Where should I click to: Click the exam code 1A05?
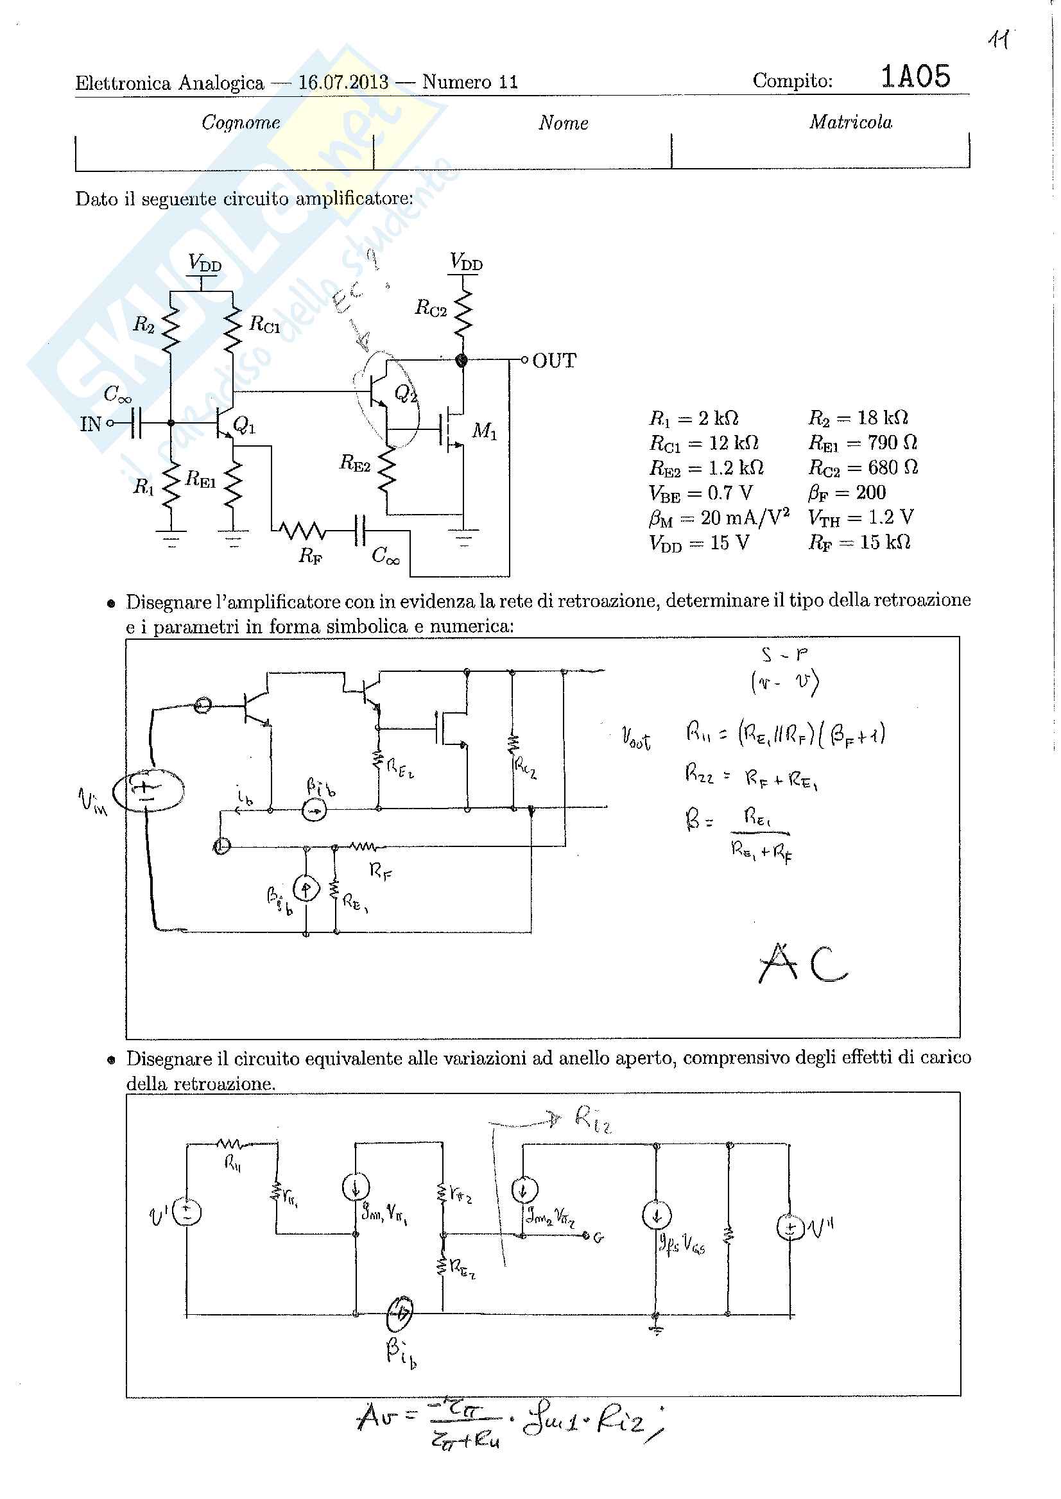click(x=915, y=77)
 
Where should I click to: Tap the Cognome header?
click(x=241, y=123)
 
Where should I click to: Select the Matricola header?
click(x=850, y=122)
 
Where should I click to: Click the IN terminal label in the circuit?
click(x=91, y=425)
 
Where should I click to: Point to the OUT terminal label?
click(x=554, y=361)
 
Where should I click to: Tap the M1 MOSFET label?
click(x=484, y=431)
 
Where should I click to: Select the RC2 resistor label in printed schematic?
click(x=431, y=307)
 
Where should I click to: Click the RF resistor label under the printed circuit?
click(x=310, y=556)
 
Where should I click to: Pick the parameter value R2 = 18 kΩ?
click(x=858, y=418)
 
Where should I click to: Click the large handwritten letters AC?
click(x=803, y=963)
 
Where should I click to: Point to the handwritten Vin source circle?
click(x=148, y=791)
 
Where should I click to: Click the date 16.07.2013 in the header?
click(x=343, y=82)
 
